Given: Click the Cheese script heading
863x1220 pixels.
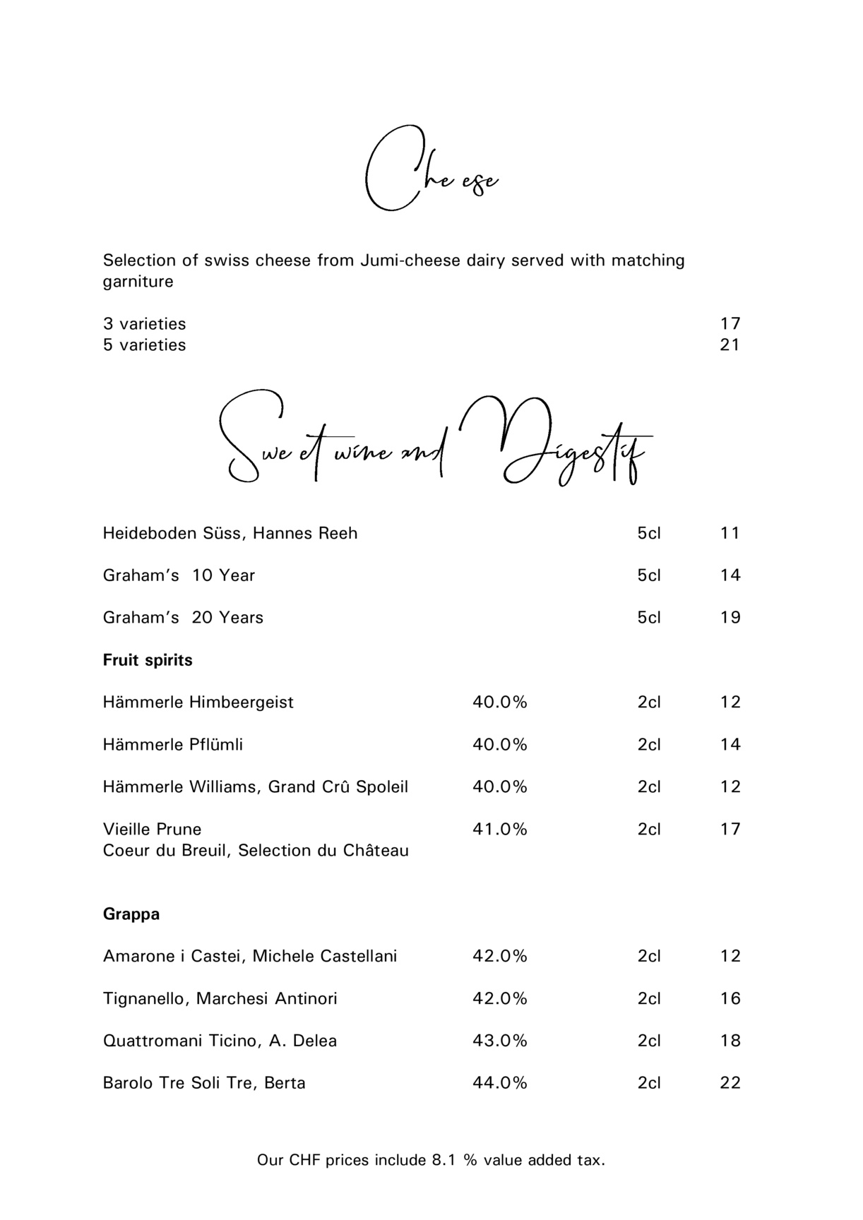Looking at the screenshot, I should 431,169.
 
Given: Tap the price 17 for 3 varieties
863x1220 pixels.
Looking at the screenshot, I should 730,324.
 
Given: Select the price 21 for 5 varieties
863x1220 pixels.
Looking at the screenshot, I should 730,345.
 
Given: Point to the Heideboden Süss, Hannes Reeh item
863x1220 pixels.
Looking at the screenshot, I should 230,533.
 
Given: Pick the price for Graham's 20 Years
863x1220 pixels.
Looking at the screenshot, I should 730,618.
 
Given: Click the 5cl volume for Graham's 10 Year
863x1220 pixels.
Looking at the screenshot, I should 649,575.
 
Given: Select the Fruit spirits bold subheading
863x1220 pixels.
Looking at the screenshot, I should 148,660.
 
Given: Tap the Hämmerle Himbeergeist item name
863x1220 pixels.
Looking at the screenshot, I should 198,702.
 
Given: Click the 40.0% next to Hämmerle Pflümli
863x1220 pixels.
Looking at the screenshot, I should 499,745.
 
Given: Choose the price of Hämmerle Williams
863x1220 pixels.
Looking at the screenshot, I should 730,787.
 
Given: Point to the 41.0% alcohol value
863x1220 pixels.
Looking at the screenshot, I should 499,830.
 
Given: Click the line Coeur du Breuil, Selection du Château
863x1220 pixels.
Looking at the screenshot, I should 256,851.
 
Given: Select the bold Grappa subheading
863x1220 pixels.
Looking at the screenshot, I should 131,914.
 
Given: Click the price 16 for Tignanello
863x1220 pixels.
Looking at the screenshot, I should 730,999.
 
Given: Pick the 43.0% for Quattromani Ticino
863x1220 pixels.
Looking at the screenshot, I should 499,1041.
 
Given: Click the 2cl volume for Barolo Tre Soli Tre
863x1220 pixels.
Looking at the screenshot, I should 649,1084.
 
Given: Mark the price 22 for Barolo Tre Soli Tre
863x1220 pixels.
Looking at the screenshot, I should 730,1084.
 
